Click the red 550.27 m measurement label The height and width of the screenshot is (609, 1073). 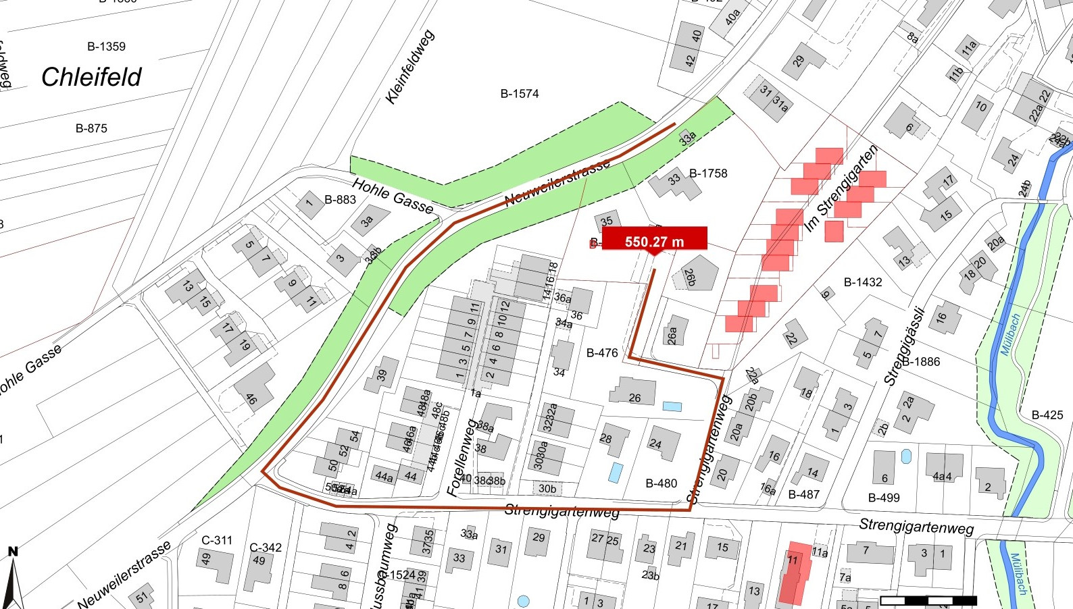tap(654, 241)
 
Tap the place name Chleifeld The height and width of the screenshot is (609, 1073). tap(91, 77)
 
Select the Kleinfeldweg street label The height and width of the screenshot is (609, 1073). tap(409, 67)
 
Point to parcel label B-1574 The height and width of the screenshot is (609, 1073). tap(519, 94)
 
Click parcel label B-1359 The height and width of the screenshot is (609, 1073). tap(106, 47)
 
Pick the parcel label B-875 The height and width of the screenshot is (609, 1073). tap(91, 128)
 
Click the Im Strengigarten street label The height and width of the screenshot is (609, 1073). tap(841, 188)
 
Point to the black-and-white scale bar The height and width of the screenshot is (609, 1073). tap(928, 600)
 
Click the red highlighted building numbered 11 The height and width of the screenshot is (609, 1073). tap(794, 572)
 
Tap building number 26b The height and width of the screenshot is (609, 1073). tap(691, 277)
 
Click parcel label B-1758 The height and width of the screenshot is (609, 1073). tap(708, 174)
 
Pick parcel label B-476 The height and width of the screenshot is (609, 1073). tap(602, 352)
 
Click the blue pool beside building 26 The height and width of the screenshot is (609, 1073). tap(672, 406)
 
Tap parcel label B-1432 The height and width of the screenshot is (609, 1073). tap(863, 282)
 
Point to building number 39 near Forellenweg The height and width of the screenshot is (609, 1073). tap(382, 375)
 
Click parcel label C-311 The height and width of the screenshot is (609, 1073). tap(217, 540)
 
